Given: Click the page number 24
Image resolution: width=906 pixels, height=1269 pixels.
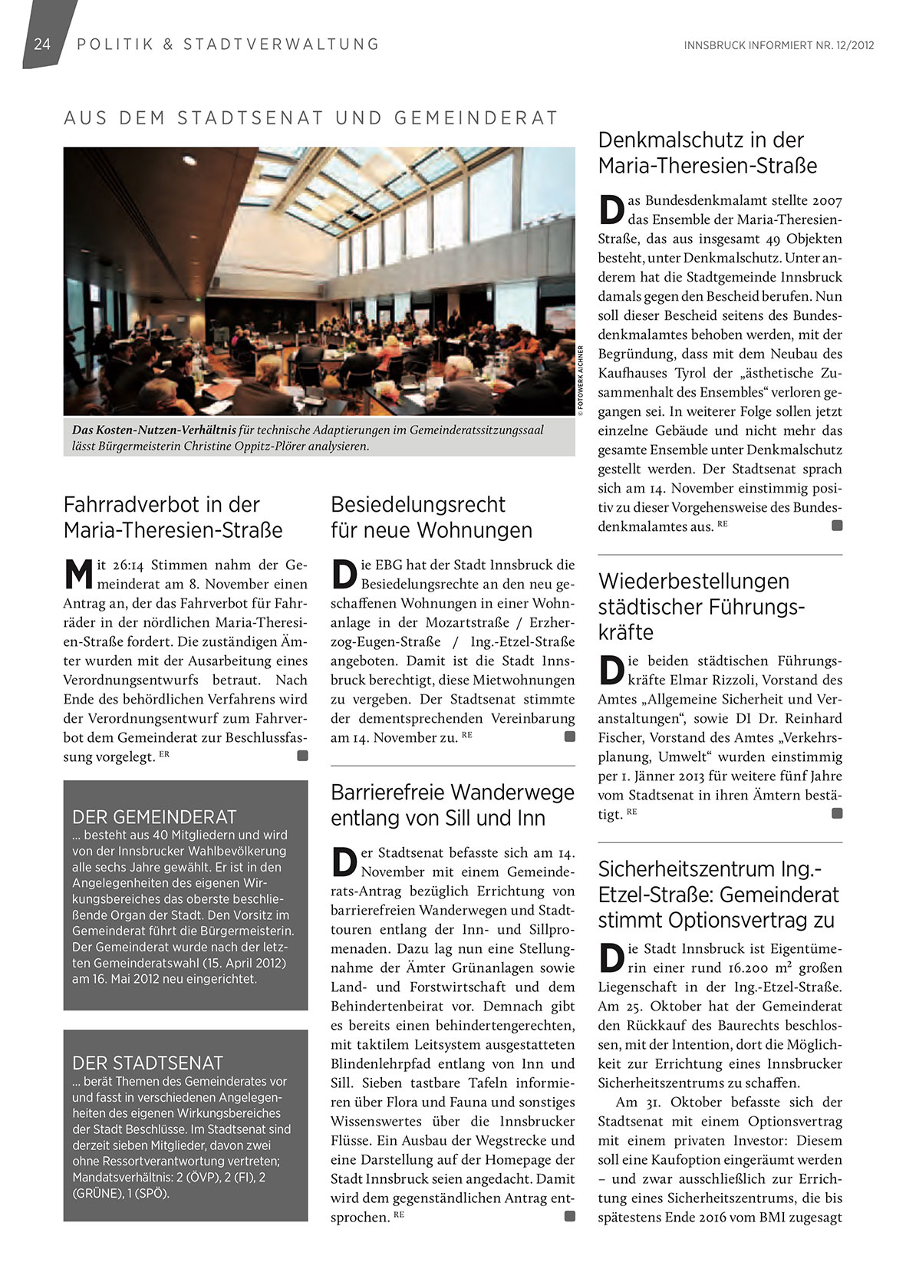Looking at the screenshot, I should [x=41, y=44].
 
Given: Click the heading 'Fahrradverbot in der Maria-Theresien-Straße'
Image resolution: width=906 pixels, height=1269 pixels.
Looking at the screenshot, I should [x=173, y=517].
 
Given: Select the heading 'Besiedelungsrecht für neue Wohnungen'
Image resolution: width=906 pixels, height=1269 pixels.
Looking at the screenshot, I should [x=431, y=517].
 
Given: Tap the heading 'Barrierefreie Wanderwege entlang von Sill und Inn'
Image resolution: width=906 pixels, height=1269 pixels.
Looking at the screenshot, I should [x=452, y=805].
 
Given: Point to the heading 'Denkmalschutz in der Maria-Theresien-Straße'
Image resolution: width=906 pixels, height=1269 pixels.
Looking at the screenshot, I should [x=707, y=153].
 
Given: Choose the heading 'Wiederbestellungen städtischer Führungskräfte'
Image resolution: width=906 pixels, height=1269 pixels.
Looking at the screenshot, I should [x=701, y=606].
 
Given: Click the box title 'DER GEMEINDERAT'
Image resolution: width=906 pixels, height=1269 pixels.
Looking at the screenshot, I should [x=154, y=817].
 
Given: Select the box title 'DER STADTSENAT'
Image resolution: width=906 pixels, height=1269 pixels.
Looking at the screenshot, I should [x=147, y=1063].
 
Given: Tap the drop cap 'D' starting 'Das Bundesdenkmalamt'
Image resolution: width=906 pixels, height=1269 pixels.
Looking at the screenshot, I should [x=611, y=209].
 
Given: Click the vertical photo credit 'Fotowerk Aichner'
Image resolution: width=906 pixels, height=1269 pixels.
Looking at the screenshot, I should [x=581, y=381].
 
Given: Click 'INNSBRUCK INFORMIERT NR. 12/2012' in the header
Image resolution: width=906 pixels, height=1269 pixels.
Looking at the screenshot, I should [x=779, y=45].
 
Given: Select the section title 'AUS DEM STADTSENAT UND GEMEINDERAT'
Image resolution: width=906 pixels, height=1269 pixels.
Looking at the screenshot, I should [x=311, y=118].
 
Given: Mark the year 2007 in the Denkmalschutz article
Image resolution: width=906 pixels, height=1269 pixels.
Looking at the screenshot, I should [x=827, y=201].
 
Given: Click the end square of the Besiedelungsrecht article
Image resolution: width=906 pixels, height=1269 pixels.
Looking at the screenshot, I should [x=569, y=737].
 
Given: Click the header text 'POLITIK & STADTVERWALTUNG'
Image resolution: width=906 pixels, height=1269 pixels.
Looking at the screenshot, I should [x=228, y=44].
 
